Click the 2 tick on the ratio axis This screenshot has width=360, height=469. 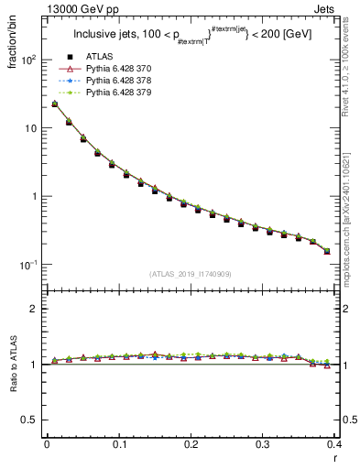[x=36, y=309]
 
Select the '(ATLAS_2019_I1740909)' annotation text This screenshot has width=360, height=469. [x=190, y=274]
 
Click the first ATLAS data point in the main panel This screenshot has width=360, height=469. [x=55, y=104]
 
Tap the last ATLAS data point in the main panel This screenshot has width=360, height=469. [x=327, y=251]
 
